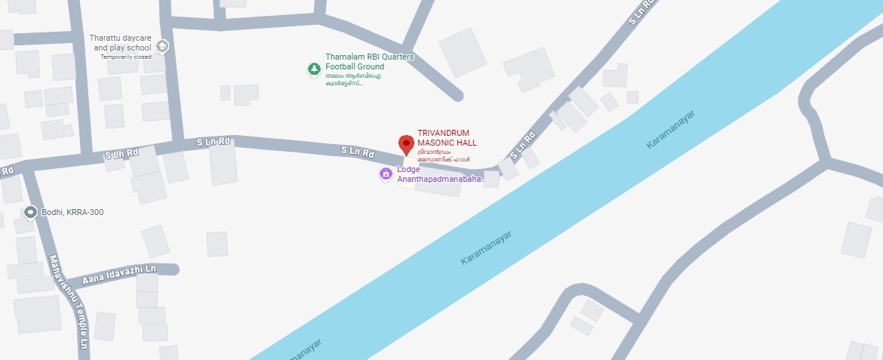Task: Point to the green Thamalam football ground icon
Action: pyautogui.click(x=313, y=69)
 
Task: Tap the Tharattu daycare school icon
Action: pyautogui.click(x=163, y=47)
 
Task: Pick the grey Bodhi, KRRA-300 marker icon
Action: pyautogui.click(x=30, y=212)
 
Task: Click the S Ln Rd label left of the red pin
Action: pyautogui.click(x=358, y=152)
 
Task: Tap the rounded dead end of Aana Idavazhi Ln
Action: pyautogui.click(x=174, y=269)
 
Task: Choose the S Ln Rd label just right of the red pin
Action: pyautogui.click(x=522, y=146)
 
